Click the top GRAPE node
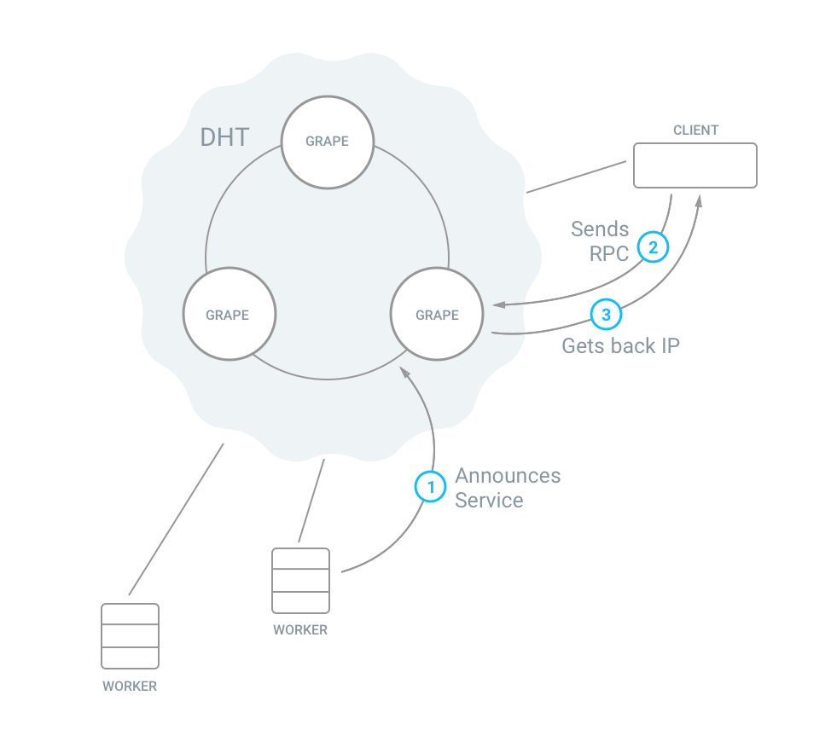pos(328,141)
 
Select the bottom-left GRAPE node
pos(228,315)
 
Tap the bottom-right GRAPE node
pos(437,315)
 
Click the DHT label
pos(225,137)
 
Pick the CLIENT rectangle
pos(694,165)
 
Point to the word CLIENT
pos(695,130)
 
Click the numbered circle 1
pos(431,487)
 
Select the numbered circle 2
pos(653,247)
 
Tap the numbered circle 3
pos(606,315)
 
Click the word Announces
pos(508,476)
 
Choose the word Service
pos(489,501)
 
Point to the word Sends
pos(600,229)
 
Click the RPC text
pos(609,253)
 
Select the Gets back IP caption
pos(620,346)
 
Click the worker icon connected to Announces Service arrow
pos(300,581)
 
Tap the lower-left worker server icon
pos(130,636)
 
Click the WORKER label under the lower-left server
pos(130,686)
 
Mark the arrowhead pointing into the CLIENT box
pos(700,200)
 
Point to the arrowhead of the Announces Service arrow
pos(404,373)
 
